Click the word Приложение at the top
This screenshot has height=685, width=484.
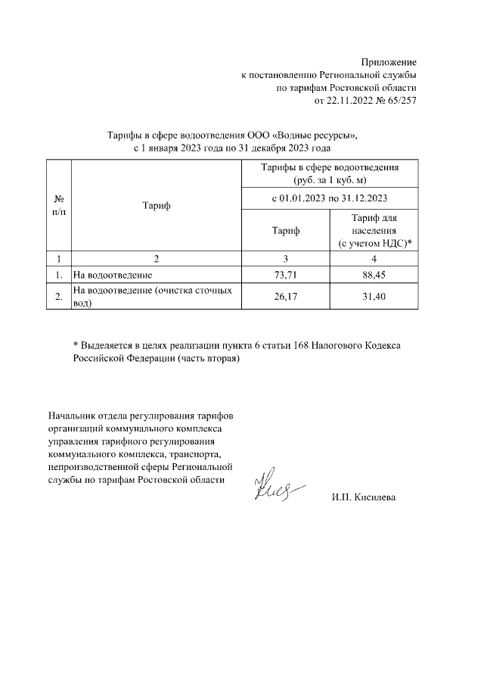(x=389, y=61)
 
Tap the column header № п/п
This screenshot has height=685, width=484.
(x=58, y=205)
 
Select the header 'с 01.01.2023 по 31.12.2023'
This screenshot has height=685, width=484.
(x=329, y=198)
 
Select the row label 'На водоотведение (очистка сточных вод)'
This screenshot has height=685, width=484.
(x=151, y=297)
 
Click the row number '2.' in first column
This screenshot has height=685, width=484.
(x=58, y=297)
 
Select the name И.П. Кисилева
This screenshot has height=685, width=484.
(x=363, y=497)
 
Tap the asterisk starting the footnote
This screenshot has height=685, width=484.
(x=76, y=345)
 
